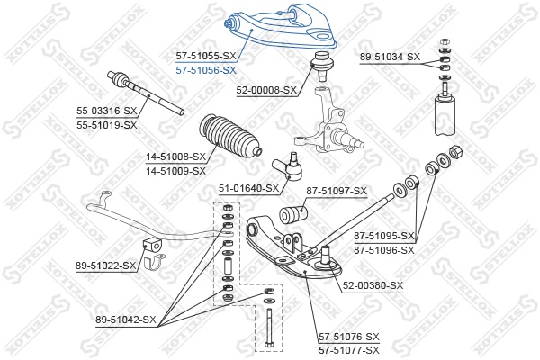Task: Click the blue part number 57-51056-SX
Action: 206,70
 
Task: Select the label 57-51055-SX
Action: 206,56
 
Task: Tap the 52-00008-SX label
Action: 266,90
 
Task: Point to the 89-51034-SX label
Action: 390,57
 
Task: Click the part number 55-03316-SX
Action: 106,111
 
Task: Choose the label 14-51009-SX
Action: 176,169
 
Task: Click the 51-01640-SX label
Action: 249,189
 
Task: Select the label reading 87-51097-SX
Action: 337,190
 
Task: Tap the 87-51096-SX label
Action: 384,249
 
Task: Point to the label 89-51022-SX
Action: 106,265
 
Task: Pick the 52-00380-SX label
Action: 373,285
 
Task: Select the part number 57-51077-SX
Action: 348,349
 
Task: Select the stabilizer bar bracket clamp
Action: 152,253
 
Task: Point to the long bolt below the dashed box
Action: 268,328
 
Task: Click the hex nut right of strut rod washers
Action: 454,153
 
